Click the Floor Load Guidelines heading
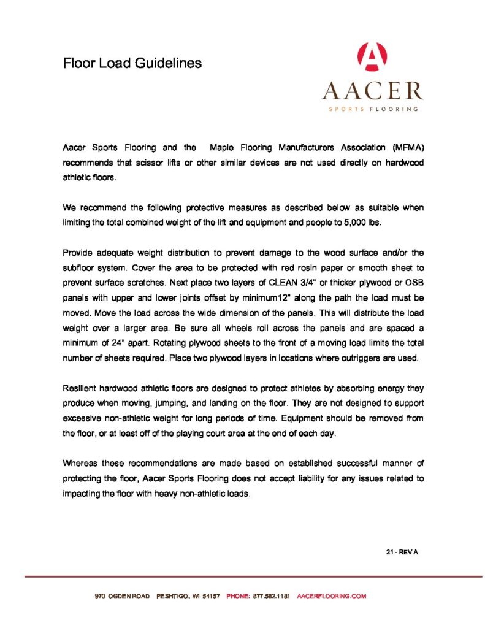pyautogui.click(x=132, y=63)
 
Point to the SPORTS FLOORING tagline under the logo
pyautogui.click(x=372, y=109)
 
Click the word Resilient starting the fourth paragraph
pyautogui.click(x=82, y=389)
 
